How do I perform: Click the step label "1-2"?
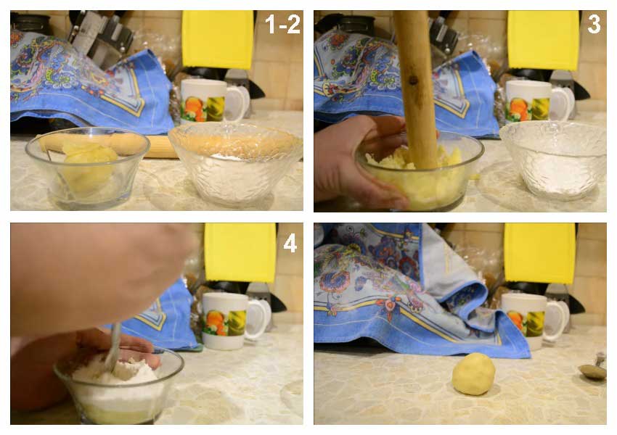(282, 25)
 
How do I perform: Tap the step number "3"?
(593, 24)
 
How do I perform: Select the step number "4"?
(290, 244)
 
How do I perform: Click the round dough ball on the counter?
(473, 373)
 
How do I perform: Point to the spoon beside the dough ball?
(593, 368)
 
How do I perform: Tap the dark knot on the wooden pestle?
(413, 80)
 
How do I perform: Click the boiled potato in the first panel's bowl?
(89, 166)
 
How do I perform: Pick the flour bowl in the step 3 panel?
(553, 160)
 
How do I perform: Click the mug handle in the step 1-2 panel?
(239, 103)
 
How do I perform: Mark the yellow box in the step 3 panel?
(543, 40)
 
